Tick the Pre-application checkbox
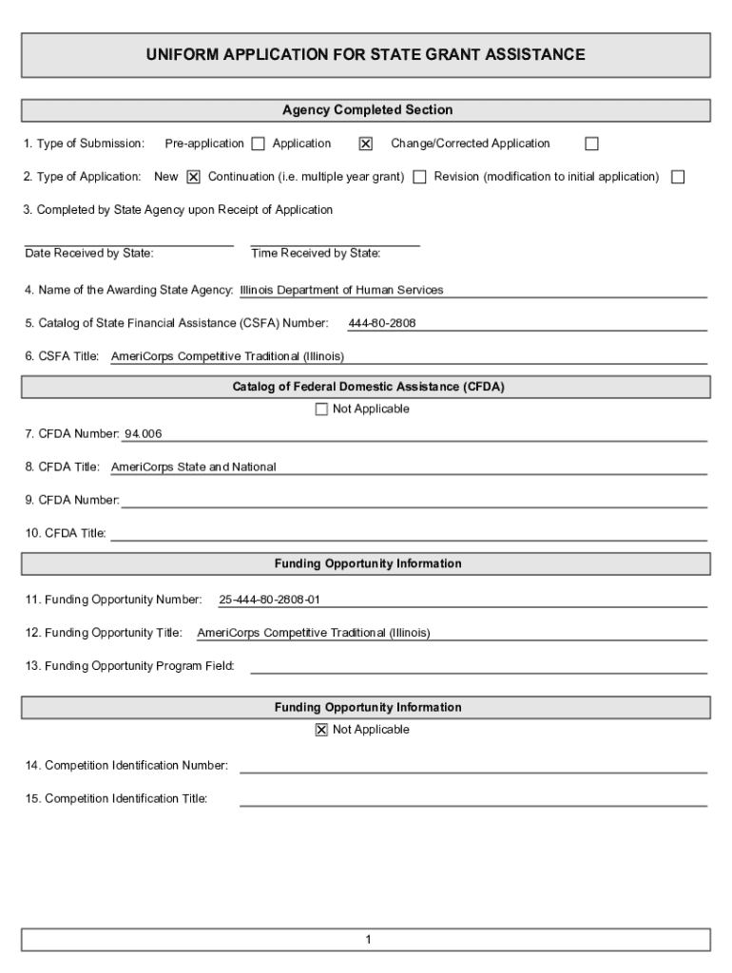[258, 144]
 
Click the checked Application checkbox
[365, 144]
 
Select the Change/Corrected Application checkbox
[591, 144]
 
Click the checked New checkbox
[193, 177]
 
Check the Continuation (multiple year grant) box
[419, 177]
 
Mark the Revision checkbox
[678, 177]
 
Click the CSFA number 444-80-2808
[382, 324]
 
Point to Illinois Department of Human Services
[341, 291]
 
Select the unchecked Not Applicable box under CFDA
[320, 410]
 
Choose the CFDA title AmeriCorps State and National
[193, 467]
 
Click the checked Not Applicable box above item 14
[320, 731]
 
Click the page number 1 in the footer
[367, 941]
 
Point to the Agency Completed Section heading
[367, 110]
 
